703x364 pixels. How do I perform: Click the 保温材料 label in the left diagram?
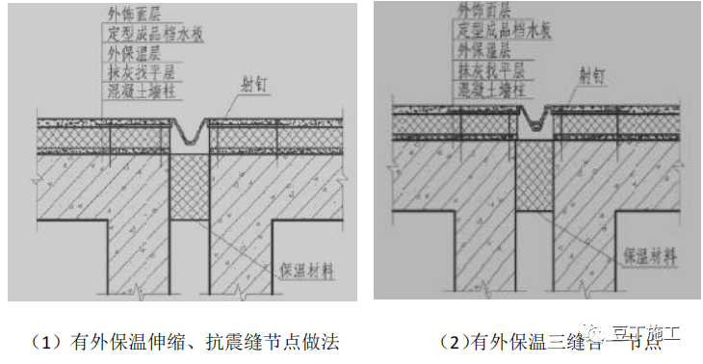(306, 271)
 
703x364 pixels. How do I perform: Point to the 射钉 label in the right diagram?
(595, 73)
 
